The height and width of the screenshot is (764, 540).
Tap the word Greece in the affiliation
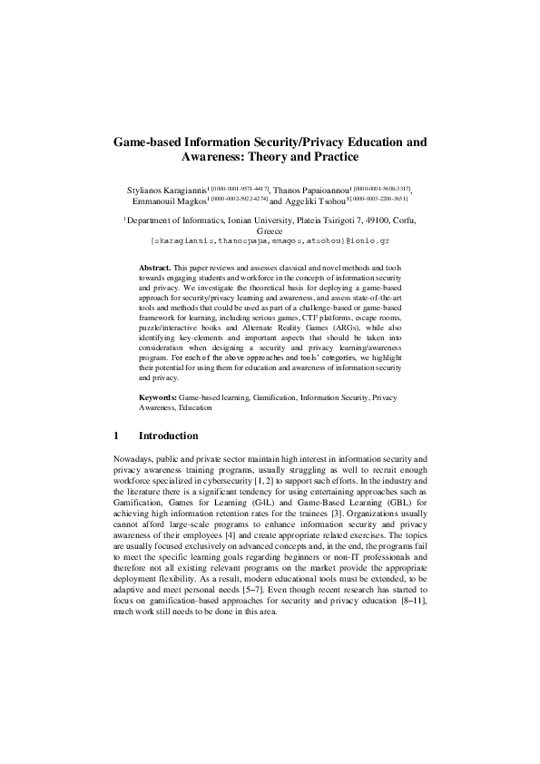270,231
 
